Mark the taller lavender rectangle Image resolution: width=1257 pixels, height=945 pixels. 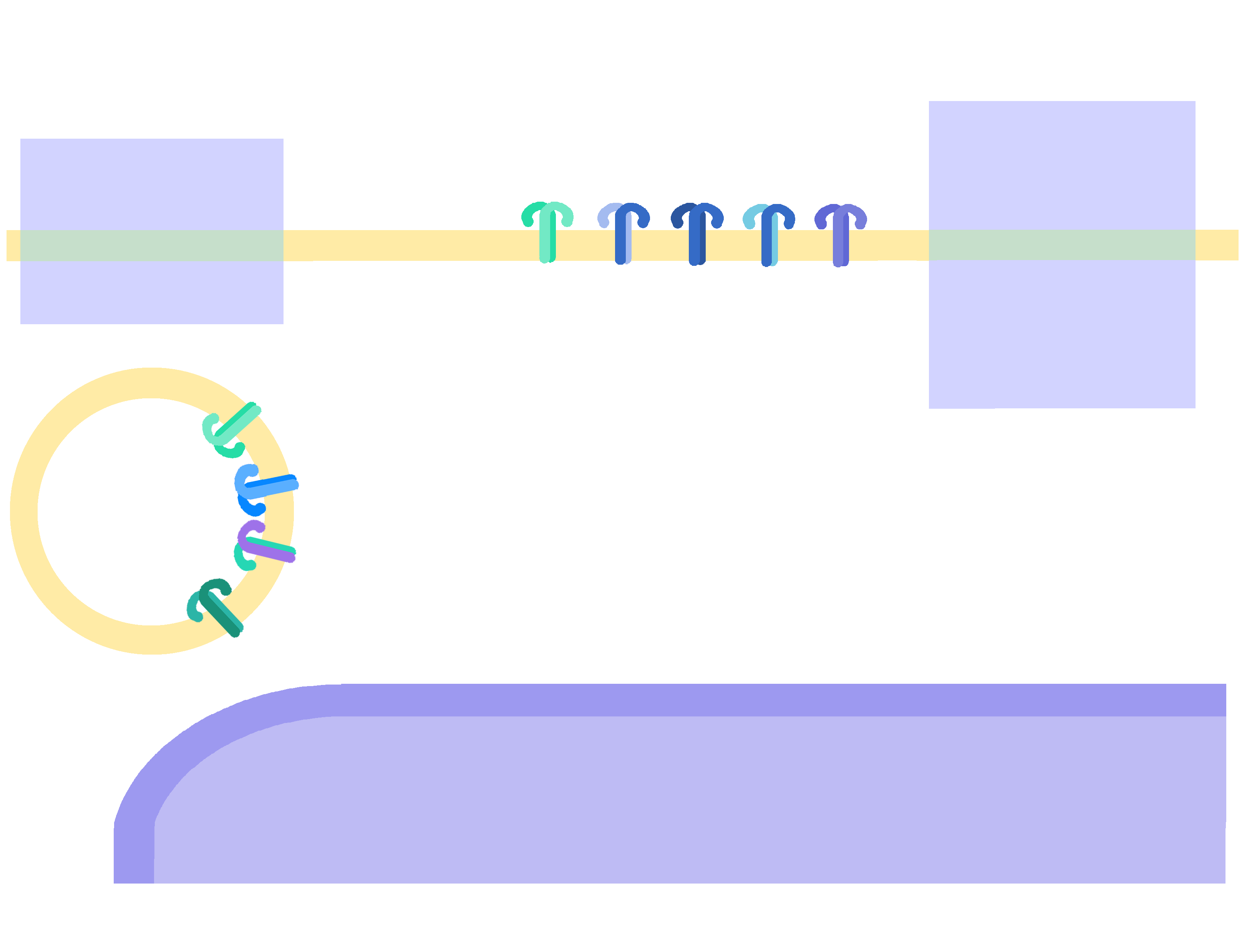[x=1061, y=341]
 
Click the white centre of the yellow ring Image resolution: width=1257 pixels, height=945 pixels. [x=142, y=511]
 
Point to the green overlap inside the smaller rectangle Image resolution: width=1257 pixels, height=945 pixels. [x=152, y=245]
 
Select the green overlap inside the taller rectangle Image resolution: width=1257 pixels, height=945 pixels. [x=1061, y=245]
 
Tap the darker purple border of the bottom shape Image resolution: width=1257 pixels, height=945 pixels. [x=739, y=700]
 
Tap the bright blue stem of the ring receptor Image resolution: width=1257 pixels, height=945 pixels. [x=270, y=486]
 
